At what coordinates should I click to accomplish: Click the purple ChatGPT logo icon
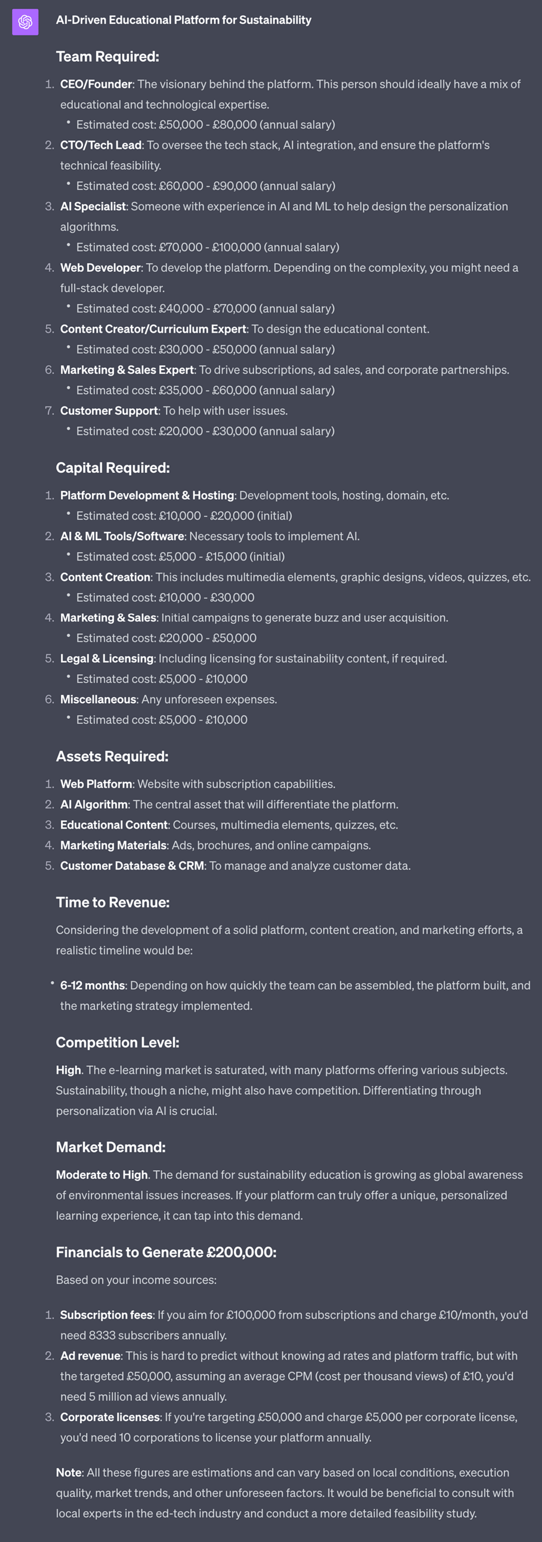[25, 22]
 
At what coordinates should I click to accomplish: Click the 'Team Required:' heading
[107, 57]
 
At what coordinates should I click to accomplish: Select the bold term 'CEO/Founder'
[96, 84]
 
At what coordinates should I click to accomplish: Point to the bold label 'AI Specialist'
[93, 206]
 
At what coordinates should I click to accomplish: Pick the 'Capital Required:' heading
[112, 468]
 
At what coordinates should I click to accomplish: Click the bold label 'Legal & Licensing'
[106, 658]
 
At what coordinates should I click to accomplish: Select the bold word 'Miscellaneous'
[98, 699]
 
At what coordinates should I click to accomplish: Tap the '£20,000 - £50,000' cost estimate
[208, 638]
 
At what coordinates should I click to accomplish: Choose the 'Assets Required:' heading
[112, 756]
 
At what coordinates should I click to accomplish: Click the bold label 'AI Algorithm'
[94, 805]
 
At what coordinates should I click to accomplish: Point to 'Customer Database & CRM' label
[131, 865]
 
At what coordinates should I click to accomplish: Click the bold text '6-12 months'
[92, 985]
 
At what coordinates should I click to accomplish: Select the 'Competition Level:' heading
[117, 1043]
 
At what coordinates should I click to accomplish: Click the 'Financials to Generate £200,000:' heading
[166, 1252]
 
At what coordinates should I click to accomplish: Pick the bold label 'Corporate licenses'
[109, 1417]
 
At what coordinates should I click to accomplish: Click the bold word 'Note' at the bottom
[68, 1473]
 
